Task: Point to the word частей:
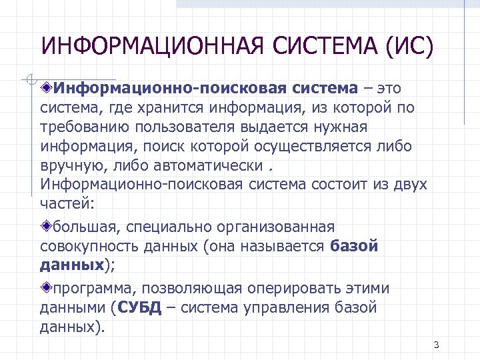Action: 67,203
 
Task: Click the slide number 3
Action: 435,345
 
